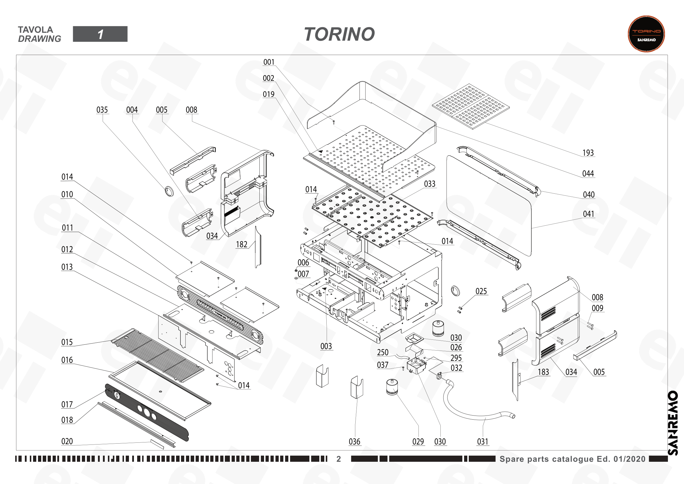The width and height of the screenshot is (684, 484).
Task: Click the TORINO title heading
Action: click(x=339, y=34)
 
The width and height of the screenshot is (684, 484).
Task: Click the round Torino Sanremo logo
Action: click(x=646, y=34)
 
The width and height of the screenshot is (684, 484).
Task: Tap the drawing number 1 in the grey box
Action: click(x=100, y=34)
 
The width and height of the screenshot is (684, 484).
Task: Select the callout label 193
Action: click(x=588, y=153)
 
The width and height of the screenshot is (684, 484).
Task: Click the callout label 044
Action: click(x=588, y=174)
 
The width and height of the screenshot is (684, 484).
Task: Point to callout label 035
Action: click(x=102, y=110)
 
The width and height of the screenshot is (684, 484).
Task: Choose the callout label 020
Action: click(x=67, y=441)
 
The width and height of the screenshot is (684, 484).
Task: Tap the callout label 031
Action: click(x=483, y=442)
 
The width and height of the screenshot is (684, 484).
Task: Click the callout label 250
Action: click(x=383, y=353)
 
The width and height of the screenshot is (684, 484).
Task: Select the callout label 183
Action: click(x=543, y=372)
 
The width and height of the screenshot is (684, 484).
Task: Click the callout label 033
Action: click(x=430, y=184)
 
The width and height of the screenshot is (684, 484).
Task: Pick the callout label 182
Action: click(x=242, y=245)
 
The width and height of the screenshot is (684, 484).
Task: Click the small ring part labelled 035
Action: click(x=169, y=191)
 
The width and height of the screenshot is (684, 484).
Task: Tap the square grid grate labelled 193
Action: click(x=471, y=107)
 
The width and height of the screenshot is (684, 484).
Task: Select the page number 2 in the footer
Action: click(x=339, y=459)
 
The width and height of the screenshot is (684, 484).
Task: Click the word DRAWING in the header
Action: click(x=39, y=39)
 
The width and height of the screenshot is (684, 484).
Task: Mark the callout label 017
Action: click(x=67, y=405)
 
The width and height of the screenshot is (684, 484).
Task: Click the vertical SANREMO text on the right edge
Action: click(x=673, y=423)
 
